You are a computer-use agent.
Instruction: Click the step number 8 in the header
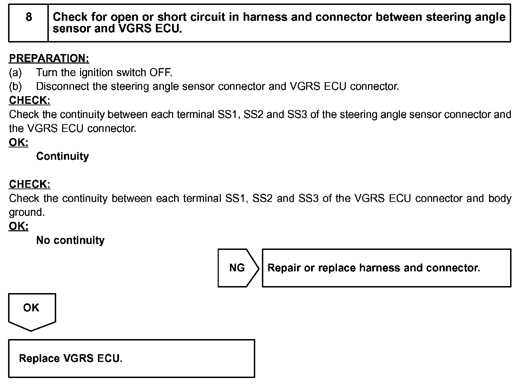(29, 17)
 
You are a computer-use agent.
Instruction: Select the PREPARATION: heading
(49, 58)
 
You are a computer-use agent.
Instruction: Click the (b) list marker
(15, 86)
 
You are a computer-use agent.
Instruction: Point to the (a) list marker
(15, 73)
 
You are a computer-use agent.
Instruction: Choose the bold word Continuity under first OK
(62, 156)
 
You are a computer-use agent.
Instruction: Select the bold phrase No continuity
(70, 240)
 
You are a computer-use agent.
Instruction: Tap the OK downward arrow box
(32, 309)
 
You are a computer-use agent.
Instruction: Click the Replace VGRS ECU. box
(131, 358)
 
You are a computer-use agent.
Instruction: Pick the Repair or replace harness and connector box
(386, 268)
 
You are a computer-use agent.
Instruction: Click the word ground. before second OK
(27, 213)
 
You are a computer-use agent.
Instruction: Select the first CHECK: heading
(29, 100)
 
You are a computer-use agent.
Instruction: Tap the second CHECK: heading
(29, 184)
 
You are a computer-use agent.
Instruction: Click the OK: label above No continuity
(19, 226)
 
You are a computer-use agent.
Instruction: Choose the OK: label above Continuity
(19, 143)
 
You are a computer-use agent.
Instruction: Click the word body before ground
(500, 199)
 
